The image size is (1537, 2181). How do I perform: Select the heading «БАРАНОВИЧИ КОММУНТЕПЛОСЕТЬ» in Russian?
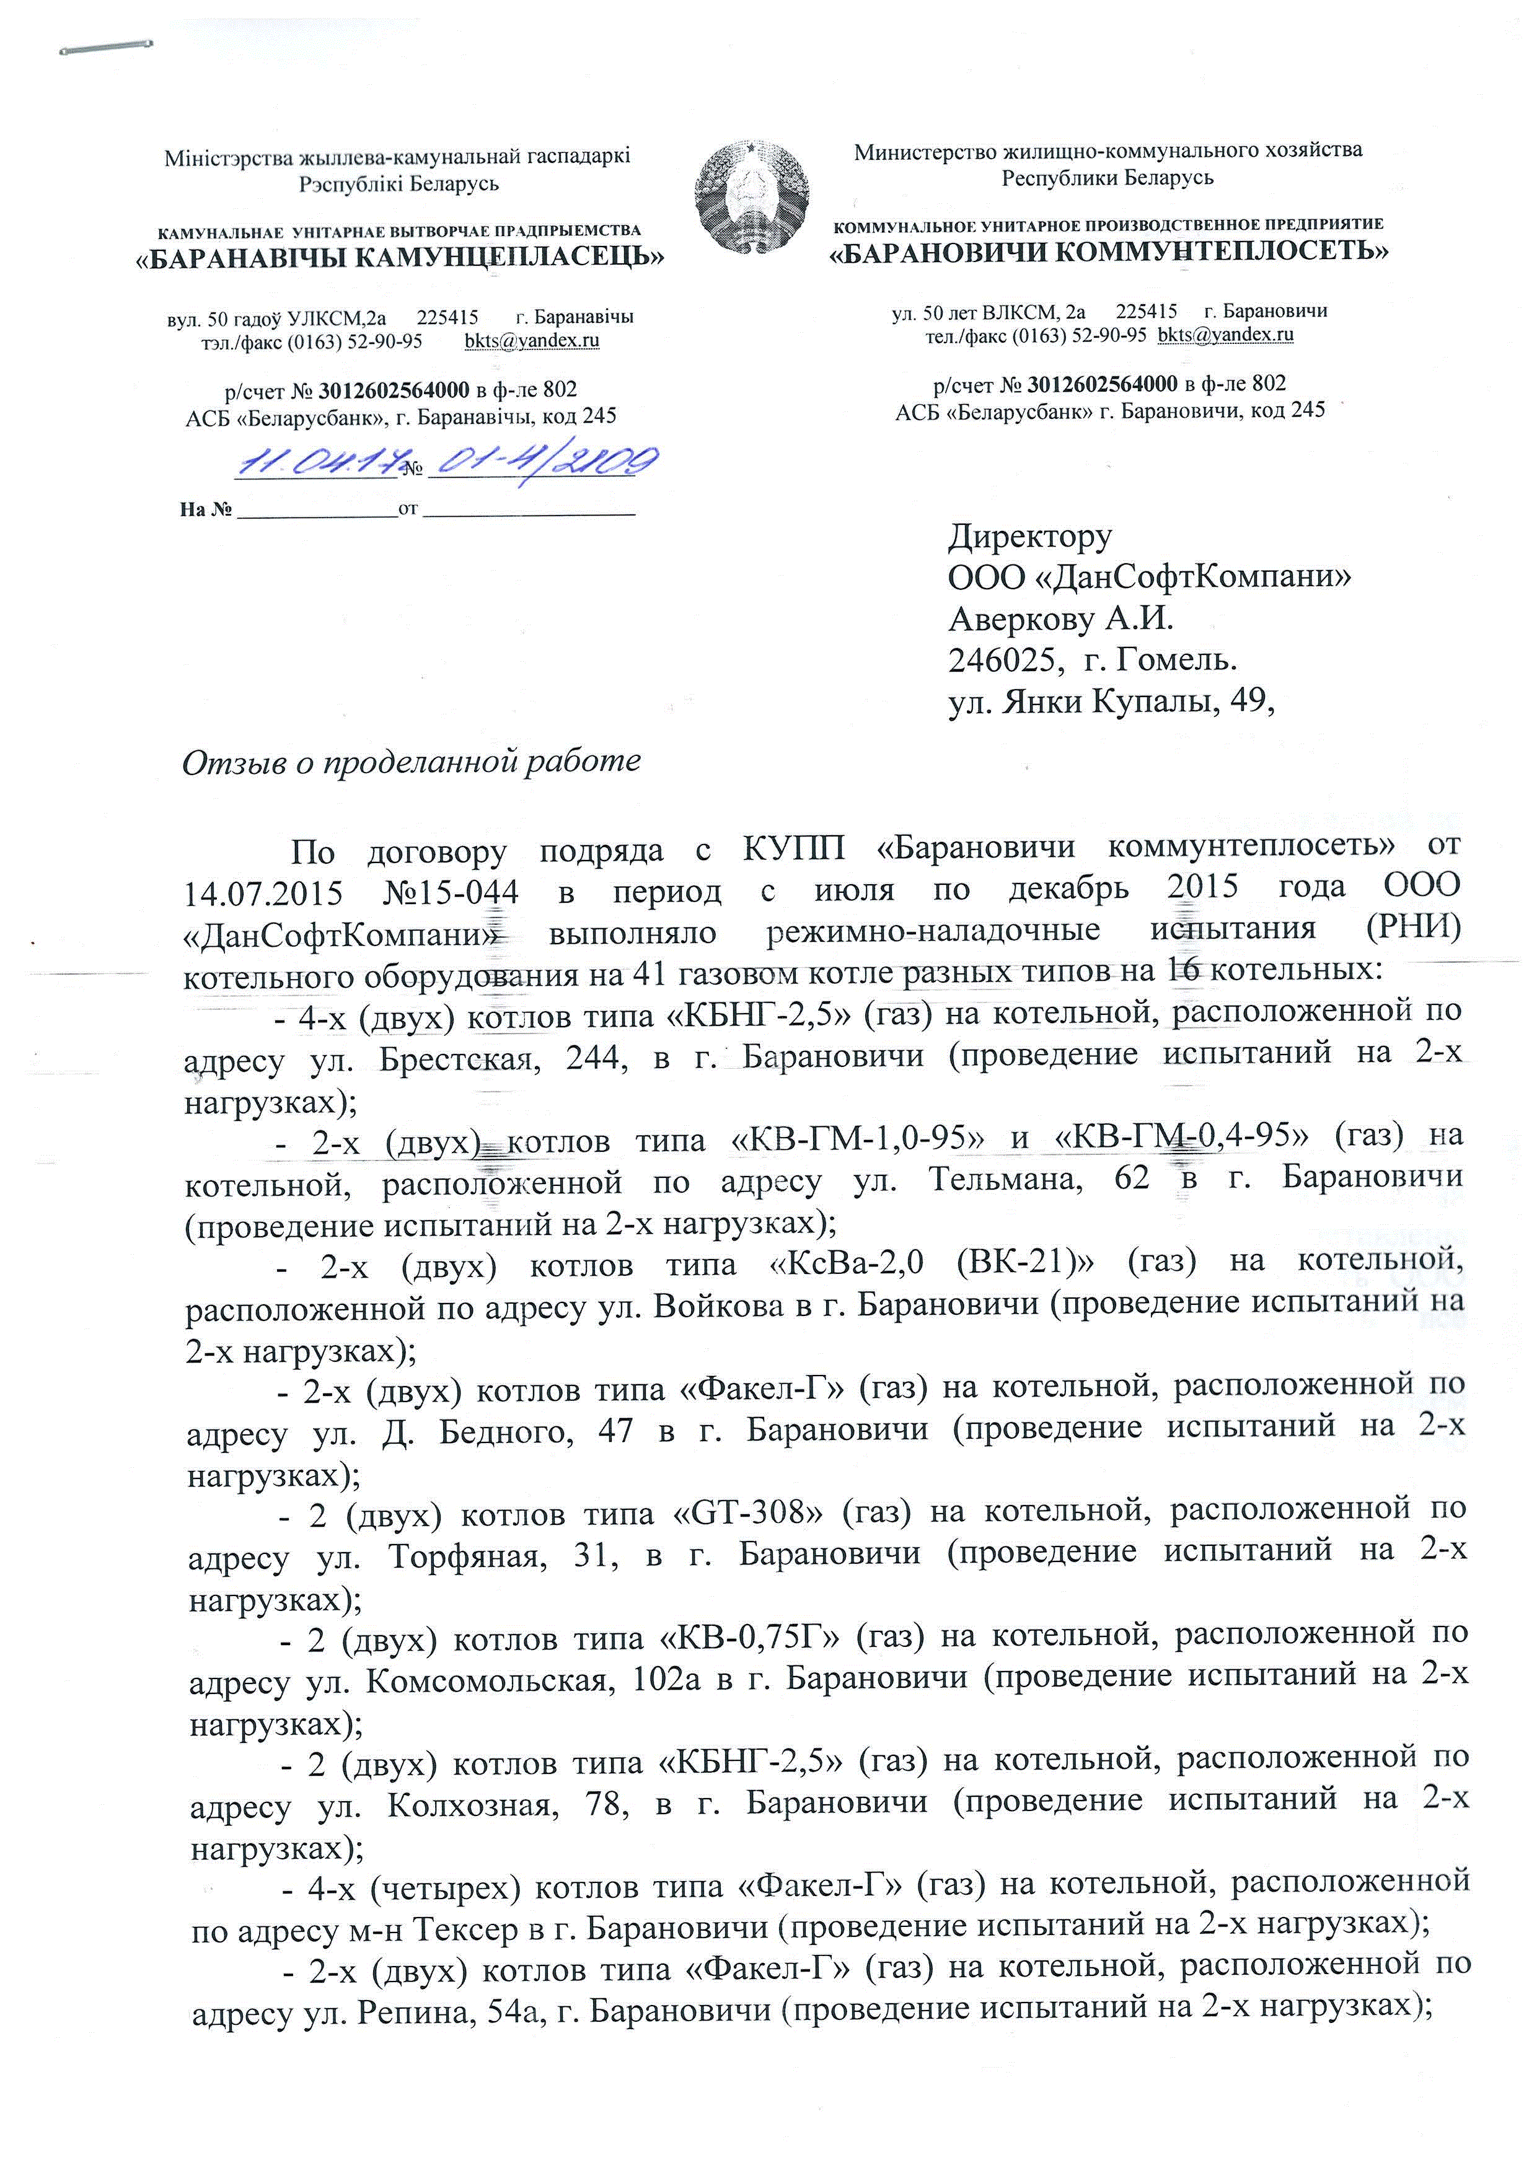[x=1109, y=252]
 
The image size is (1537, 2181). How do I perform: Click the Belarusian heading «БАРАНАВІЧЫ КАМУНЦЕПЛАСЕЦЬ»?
[x=400, y=257]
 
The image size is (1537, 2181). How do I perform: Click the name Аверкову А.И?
[x=1061, y=620]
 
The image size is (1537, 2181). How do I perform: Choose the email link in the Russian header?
[x=1225, y=335]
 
